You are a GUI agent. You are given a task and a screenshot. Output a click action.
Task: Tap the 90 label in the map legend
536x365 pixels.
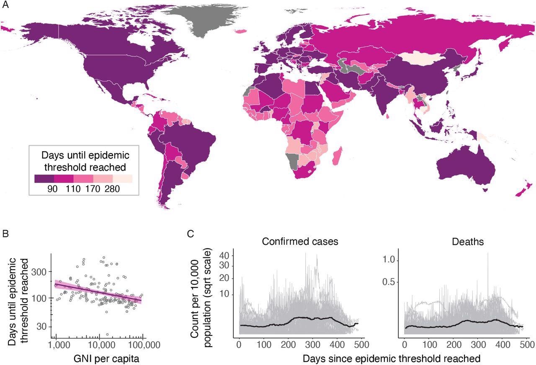(x=52, y=189)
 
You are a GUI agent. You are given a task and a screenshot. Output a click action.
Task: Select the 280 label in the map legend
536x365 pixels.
(x=112, y=189)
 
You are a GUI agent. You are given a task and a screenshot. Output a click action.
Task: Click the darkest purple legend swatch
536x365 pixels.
(x=44, y=179)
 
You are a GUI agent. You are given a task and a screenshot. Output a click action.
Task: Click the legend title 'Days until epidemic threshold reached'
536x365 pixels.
(x=83, y=162)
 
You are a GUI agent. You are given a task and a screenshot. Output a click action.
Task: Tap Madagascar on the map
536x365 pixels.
(x=338, y=155)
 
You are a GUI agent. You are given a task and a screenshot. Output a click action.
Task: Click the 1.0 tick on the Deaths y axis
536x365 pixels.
(x=390, y=260)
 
